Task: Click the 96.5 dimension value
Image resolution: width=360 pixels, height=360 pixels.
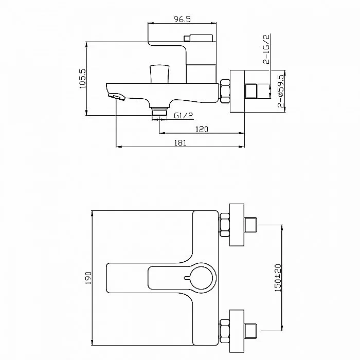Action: pos(182,19)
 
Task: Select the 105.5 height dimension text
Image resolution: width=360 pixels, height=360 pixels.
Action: pos(82,79)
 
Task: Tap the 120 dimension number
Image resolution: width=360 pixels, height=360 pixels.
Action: pos(202,129)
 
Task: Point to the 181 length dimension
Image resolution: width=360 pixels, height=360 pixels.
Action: pos(180,143)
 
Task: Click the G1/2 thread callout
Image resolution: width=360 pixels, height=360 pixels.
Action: pos(183,115)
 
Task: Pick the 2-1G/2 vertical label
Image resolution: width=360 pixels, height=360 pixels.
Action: pos(266,49)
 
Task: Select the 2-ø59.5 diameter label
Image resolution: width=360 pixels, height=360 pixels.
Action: pos(281,91)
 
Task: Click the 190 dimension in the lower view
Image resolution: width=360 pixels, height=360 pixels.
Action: pos(88,278)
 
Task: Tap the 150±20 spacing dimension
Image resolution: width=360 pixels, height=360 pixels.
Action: pos(278,278)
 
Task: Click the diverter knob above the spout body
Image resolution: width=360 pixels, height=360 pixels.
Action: pos(160,74)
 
